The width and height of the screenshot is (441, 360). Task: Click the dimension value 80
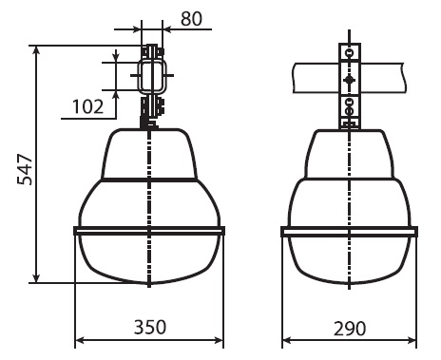pyautogui.click(x=191, y=19)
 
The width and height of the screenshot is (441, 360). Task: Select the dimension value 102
pyautogui.click(x=88, y=106)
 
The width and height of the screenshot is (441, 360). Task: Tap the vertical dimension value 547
pyautogui.click(x=25, y=169)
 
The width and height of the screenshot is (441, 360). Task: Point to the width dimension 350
pyautogui.click(x=150, y=327)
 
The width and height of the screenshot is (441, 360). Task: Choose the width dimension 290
pyautogui.click(x=350, y=329)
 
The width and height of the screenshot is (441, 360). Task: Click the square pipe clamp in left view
pyautogui.click(x=152, y=76)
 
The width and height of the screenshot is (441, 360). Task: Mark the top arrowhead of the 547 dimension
pyautogui.click(x=37, y=49)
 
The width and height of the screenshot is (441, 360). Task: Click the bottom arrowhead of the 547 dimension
pyautogui.click(x=37, y=278)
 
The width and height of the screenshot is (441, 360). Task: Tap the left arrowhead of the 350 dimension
pyautogui.click(x=80, y=340)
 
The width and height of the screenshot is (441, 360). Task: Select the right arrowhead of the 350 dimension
pyautogui.click(x=219, y=340)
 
